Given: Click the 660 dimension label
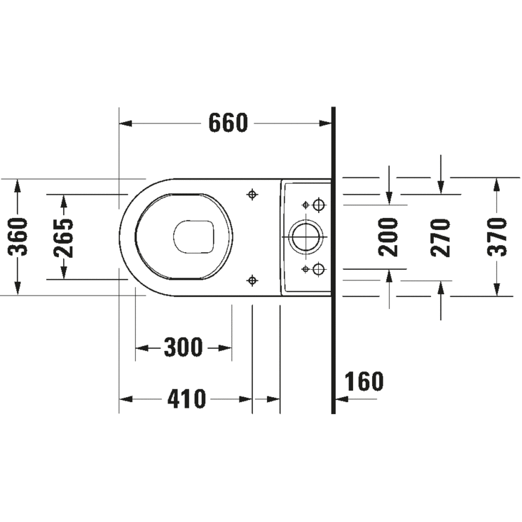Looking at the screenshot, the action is [229, 123].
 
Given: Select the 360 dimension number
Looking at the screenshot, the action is [18, 236].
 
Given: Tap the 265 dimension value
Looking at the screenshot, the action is [64, 238].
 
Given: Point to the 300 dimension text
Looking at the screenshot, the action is [183, 347].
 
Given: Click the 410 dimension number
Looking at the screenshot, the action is [186, 399].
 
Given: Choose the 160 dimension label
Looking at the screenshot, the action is [364, 381].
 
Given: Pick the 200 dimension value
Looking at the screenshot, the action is [388, 237].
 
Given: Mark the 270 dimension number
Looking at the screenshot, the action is [440, 238].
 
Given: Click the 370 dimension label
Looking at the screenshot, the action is [496, 237].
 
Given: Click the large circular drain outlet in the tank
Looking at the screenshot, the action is [305, 236].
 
